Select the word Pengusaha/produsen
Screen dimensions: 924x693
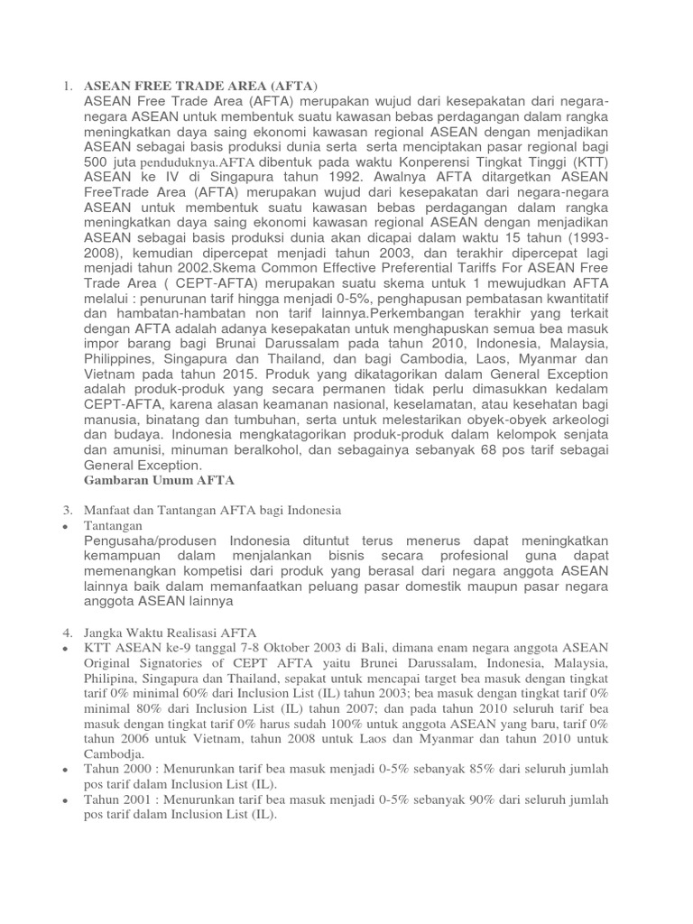(x=146, y=541)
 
